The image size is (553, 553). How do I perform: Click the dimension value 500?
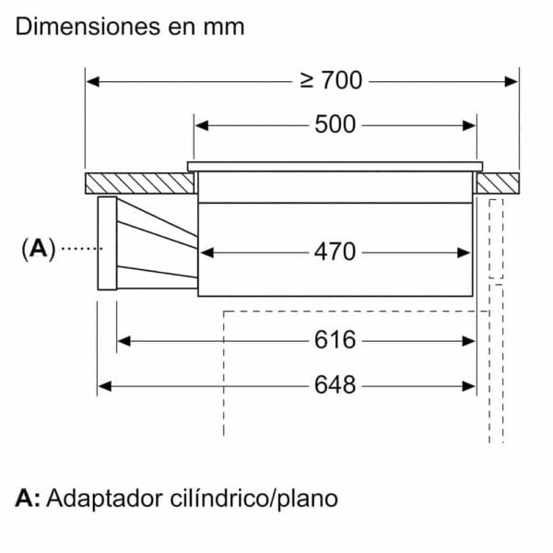point(335,124)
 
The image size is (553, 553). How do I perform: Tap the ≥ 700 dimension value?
point(331,80)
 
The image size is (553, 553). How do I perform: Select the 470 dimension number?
point(335,252)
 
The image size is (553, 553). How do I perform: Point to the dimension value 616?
point(335,340)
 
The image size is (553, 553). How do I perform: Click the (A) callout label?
point(39,249)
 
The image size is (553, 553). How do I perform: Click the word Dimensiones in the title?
point(88,27)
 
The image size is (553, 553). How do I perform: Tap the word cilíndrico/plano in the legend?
point(253,499)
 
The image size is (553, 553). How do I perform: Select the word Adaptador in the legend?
point(105,499)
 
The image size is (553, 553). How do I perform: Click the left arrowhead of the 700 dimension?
point(92,82)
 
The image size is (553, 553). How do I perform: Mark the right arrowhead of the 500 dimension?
point(469,125)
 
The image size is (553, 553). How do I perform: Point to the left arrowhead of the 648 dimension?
point(105,386)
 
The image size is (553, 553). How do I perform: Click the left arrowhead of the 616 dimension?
point(124,341)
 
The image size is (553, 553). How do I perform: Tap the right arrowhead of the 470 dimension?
point(464,253)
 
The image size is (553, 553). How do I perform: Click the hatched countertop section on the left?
point(140,183)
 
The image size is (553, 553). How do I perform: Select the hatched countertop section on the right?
point(498,183)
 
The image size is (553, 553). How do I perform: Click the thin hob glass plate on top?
point(335,167)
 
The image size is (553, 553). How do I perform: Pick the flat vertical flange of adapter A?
point(107,243)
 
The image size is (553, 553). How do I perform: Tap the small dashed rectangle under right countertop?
point(496,239)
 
